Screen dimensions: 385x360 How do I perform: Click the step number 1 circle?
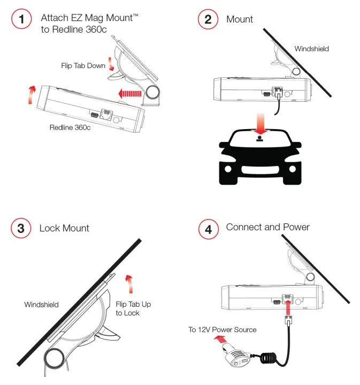pos(21,20)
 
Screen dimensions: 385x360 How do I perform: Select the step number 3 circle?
pos(21,229)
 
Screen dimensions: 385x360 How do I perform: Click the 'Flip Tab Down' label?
pos(83,66)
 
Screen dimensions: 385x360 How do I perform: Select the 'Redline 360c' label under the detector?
pos(70,127)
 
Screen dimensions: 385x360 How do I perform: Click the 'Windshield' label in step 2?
pos(311,49)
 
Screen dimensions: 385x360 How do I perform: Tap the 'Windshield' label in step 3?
pos(41,305)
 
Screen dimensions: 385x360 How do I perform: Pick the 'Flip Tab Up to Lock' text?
pos(133,308)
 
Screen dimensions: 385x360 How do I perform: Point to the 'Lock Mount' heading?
pos(64,228)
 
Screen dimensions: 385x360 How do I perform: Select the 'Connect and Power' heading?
pos(267,227)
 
